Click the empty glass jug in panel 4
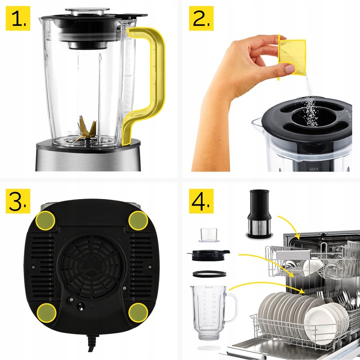pos(210,310)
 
